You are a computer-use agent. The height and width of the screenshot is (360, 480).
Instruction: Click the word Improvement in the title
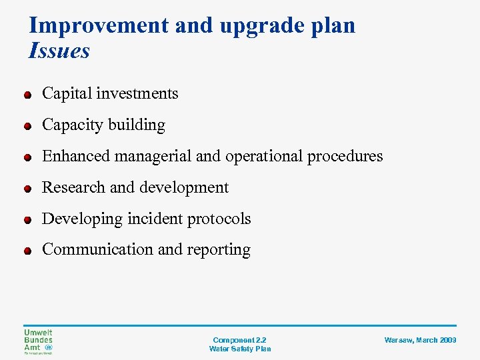pos(99,25)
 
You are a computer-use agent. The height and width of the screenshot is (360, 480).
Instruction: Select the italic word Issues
pos(59,51)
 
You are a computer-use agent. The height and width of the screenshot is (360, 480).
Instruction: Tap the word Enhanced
pos(76,156)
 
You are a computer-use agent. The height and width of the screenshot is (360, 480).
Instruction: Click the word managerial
pos(153,156)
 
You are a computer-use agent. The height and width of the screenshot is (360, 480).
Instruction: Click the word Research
pos(73,187)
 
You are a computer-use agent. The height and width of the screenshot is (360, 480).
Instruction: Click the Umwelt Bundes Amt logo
pos(38,341)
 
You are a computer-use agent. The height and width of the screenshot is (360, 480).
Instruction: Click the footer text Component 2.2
pos(240,340)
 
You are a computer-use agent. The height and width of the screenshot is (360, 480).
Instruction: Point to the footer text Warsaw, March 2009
pos(420,340)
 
